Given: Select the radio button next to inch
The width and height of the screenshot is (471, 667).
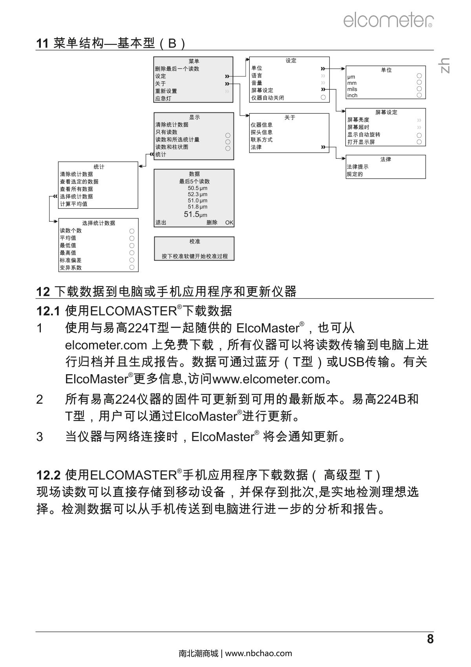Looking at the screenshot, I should click(x=419, y=95).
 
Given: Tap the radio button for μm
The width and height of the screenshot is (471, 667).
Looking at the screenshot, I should click(x=419, y=76).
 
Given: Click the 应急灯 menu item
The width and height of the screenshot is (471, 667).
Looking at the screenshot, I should click(x=163, y=98).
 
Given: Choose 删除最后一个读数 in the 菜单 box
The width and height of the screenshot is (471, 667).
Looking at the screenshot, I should click(x=177, y=69).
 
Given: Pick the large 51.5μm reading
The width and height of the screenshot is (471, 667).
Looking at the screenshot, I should click(x=195, y=214).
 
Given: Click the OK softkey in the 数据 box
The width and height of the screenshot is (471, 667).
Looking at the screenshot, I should click(x=229, y=222).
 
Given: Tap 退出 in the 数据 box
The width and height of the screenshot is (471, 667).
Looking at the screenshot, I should click(x=161, y=222).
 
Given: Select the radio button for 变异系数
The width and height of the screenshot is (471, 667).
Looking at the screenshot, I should click(x=132, y=268).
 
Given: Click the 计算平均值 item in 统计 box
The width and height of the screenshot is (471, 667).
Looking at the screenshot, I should click(x=73, y=204).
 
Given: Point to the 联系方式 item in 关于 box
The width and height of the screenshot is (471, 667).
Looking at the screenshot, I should click(x=262, y=140).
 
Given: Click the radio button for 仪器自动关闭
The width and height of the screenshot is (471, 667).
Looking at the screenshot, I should click(x=323, y=97).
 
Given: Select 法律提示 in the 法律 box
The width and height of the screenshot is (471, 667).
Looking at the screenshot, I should click(x=358, y=167).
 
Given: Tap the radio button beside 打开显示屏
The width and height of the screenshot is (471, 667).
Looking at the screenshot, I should click(x=419, y=142).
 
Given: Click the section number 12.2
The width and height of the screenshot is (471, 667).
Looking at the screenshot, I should click(x=48, y=475).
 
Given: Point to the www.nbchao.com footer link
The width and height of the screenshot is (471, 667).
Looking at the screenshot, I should click(x=259, y=653).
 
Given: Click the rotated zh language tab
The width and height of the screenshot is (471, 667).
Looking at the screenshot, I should click(x=444, y=65).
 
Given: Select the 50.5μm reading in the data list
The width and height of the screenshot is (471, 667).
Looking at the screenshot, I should click(x=197, y=188).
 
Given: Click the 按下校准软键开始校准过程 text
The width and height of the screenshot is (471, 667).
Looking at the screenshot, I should click(x=195, y=256).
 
